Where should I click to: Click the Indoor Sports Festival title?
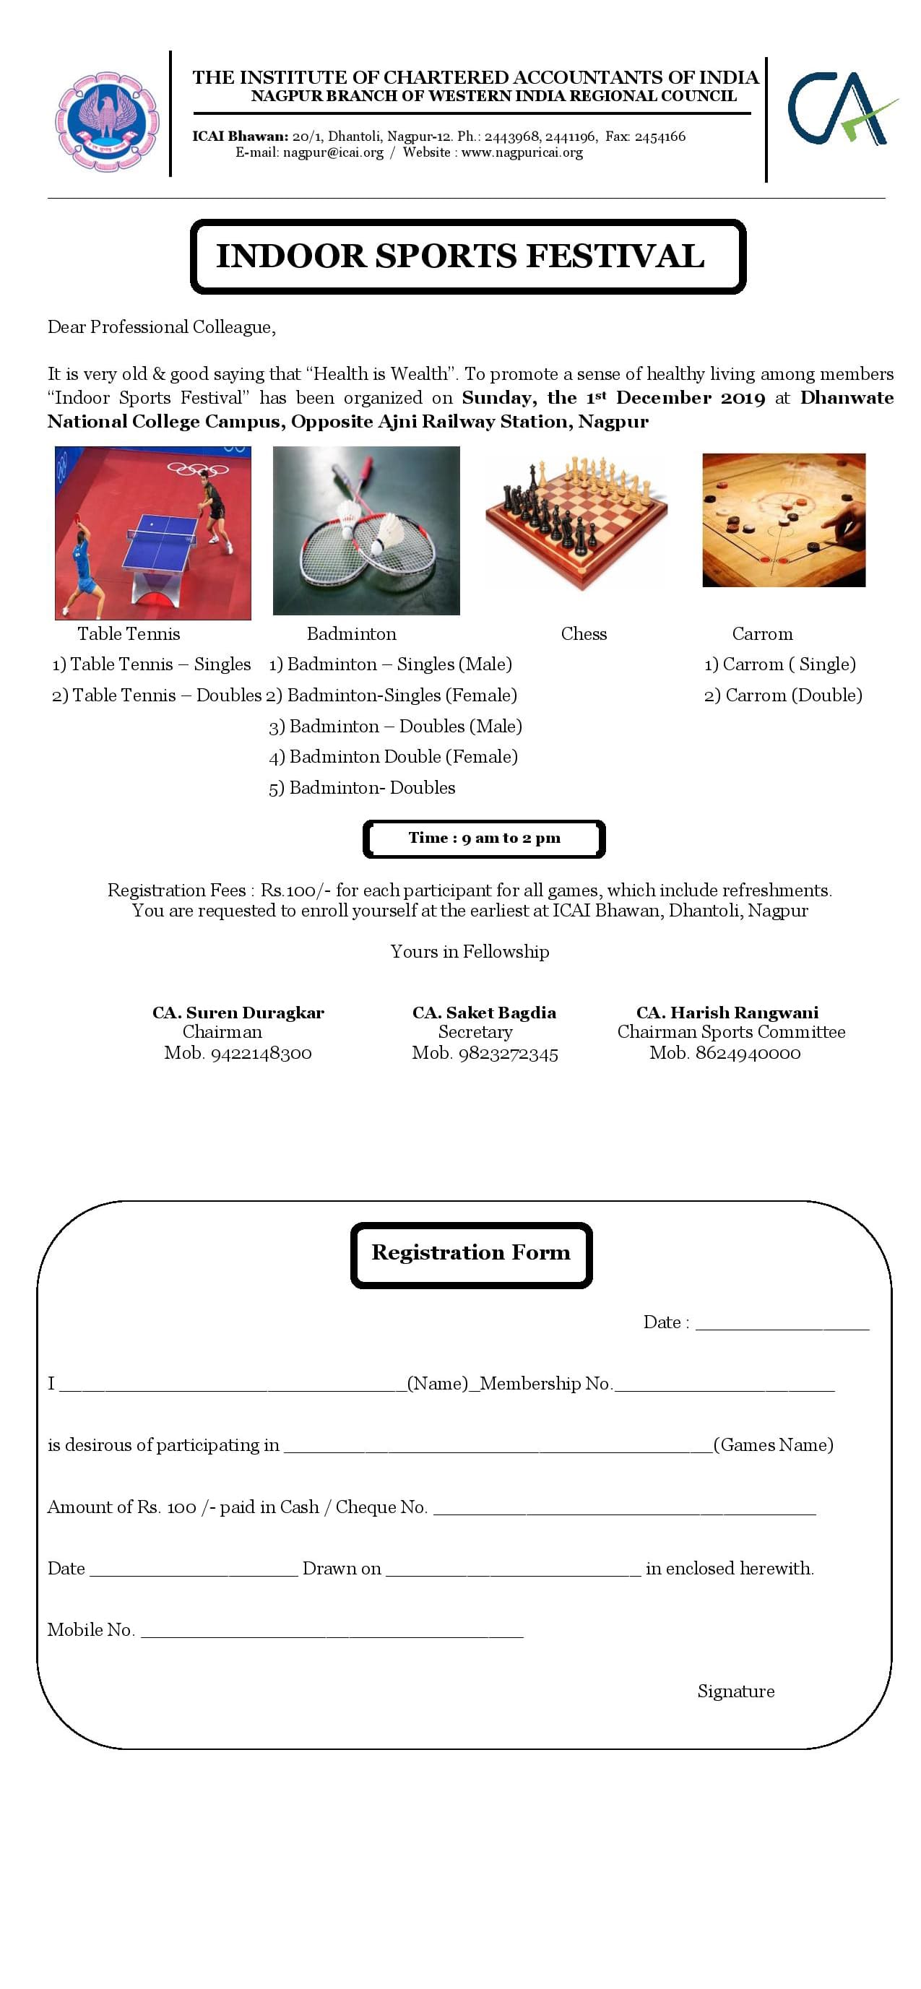460,256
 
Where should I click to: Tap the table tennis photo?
153,533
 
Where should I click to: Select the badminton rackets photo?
366,530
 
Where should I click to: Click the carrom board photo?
784,520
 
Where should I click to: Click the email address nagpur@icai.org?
333,153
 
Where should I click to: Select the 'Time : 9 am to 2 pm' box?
484,838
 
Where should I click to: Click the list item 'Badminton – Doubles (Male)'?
396,727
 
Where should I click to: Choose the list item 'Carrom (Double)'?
784,695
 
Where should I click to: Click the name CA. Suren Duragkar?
238,1013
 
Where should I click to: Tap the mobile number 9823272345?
508,1054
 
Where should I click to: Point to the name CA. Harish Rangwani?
727,1013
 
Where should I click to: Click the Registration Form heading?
471,1252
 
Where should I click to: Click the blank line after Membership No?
724,1386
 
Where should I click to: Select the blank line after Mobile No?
332,1631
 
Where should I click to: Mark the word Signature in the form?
736,1691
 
